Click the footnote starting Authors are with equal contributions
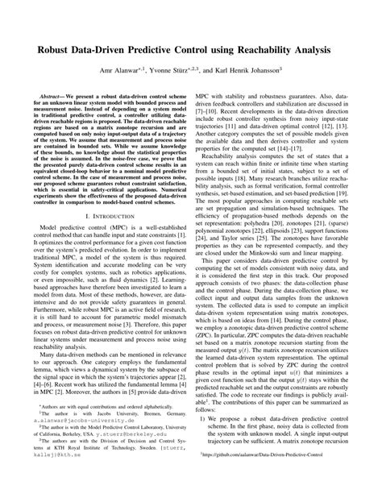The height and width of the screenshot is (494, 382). pos(97,427)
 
